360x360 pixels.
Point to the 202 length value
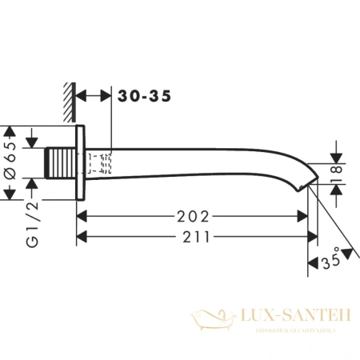194,217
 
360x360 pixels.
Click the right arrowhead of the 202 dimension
304,217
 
